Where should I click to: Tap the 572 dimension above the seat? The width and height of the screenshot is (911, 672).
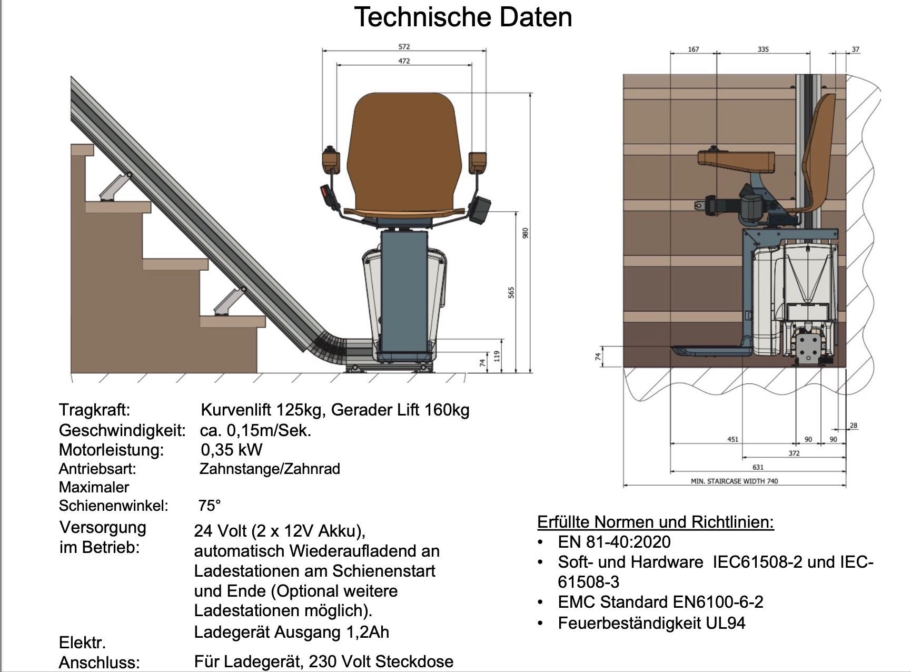(404, 47)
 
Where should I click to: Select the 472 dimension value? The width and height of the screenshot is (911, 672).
(404, 61)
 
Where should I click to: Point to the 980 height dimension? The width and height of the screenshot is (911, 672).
(524, 233)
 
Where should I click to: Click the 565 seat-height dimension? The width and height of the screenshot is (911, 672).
(511, 292)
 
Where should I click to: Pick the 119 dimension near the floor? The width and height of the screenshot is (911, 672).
(497, 356)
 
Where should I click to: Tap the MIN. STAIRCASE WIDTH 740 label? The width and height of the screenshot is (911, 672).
(734, 481)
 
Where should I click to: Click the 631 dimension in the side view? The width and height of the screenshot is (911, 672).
(758, 467)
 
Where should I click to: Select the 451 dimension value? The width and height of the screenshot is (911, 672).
(732, 439)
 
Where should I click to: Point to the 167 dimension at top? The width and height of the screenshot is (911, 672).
(694, 50)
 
